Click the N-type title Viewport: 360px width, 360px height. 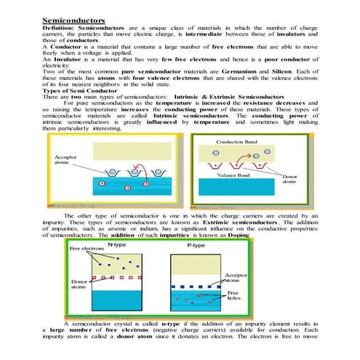(116, 246)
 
